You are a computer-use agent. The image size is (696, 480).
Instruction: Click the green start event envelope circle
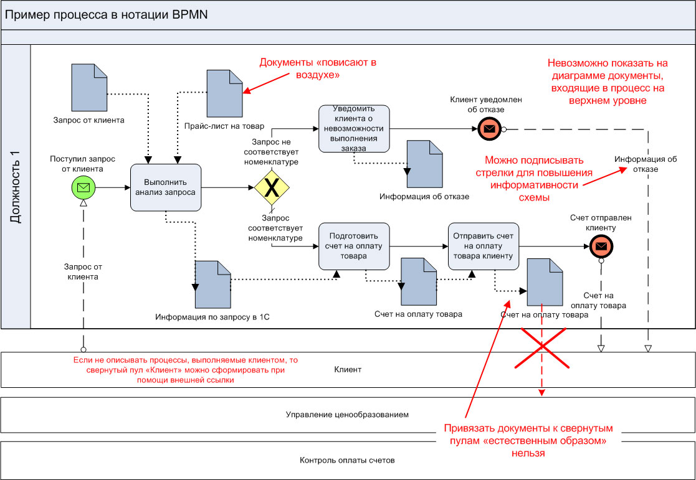[82, 187]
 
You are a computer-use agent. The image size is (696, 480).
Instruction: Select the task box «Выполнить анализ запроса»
[165, 187]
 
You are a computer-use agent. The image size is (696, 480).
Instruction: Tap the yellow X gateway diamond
[271, 187]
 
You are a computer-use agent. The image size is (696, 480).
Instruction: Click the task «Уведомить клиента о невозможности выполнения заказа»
[355, 128]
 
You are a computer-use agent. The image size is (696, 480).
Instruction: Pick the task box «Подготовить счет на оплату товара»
[355, 245]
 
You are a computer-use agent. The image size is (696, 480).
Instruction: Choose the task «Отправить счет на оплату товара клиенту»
[484, 245]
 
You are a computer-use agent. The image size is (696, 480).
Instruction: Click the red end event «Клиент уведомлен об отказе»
[490, 129]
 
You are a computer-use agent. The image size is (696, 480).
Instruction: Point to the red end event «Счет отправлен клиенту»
[601, 247]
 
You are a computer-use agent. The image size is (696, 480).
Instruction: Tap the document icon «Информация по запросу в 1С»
[213, 284]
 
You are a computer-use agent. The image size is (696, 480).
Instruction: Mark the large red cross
[542, 350]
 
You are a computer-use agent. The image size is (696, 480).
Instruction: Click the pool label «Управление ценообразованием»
[347, 414]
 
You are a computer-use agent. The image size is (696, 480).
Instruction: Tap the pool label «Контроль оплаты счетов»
[347, 461]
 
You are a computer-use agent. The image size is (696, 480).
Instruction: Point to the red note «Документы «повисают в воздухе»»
[318, 68]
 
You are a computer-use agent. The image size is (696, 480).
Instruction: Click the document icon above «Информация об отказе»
[424, 163]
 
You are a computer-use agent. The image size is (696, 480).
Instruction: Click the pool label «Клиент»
[347, 369]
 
